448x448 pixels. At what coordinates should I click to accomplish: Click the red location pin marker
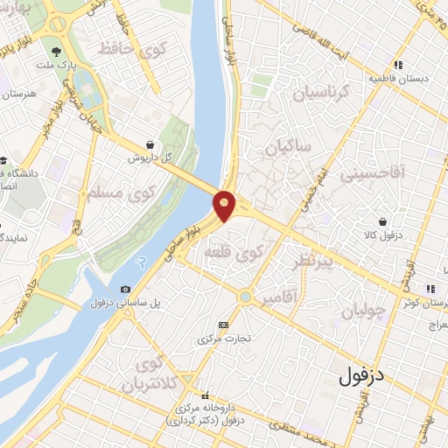click(225, 204)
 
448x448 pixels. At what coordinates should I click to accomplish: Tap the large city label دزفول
click(362, 377)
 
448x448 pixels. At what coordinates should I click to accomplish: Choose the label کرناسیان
click(319, 91)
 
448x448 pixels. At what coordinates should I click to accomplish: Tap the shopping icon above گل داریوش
click(150, 144)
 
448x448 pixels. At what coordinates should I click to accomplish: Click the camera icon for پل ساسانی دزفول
click(125, 290)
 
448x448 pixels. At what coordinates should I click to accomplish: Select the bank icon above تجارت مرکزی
click(222, 324)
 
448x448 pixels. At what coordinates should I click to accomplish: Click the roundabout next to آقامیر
click(246, 298)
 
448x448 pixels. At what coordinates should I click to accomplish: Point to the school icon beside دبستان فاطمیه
click(398, 64)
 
